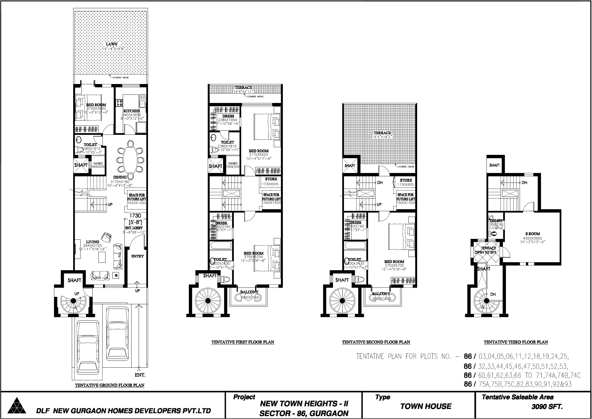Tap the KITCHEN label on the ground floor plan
click(x=132, y=111)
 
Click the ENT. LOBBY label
click(x=134, y=228)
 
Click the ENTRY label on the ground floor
click(x=138, y=256)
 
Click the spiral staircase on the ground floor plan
click(x=73, y=301)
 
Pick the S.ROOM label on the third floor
click(x=531, y=234)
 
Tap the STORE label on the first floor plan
click(x=271, y=179)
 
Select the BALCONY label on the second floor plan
click(x=381, y=294)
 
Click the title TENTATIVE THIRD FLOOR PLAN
click(x=516, y=342)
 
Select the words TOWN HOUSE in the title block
click(x=426, y=406)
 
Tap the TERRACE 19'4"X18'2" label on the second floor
click(x=382, y=133)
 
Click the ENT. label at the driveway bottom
click(x=140, y=375)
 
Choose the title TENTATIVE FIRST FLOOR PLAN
click(x=243, y=342)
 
